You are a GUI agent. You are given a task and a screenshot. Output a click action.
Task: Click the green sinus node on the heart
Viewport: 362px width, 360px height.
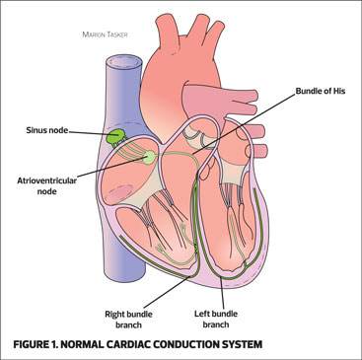(115, 136)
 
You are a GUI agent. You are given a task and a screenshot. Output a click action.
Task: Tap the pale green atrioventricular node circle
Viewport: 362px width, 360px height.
(150, 157)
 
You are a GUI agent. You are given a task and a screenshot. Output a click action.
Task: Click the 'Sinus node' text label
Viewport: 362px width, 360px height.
(47, 130)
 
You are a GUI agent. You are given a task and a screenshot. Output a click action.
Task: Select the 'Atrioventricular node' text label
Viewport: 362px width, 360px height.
(47, 185)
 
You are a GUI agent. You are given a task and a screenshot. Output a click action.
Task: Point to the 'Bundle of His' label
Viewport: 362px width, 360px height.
(321, 91)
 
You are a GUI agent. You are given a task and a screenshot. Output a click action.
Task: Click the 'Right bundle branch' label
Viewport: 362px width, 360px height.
(128, 320)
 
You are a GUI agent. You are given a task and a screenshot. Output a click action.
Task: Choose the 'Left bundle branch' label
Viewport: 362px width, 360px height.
(216, 319)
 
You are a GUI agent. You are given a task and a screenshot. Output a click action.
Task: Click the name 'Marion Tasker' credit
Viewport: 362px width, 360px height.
(105, 35)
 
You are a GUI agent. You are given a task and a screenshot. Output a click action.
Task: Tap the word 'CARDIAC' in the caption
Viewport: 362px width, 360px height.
(132, 344)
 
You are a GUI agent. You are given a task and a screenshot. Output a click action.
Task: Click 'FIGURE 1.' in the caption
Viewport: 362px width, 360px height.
(36, 344)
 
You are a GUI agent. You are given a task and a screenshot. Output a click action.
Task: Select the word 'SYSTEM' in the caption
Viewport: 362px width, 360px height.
(242, 344)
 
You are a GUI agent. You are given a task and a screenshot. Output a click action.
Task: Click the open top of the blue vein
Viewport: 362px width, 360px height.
(124, 63)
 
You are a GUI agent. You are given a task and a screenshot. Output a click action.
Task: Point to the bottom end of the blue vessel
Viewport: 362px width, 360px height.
(126, 274)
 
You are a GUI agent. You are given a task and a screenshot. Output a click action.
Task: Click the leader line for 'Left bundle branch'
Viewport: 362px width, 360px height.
(223, 292)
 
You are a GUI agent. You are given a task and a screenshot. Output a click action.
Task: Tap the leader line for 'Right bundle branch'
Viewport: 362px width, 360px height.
(167, 292)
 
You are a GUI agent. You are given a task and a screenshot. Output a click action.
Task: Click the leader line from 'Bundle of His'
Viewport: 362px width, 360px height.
(244, 123)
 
